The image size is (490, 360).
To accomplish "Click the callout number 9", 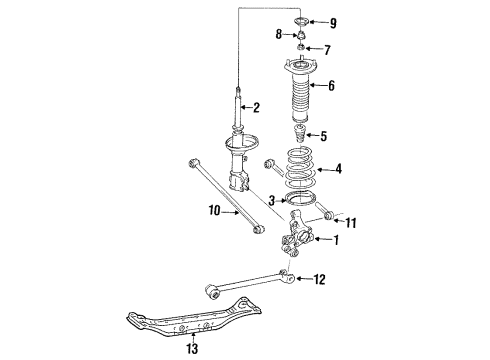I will pyautogui.click(x=334, y=22).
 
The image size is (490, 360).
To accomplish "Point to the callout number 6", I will pyautogui.click(x=331, y=86).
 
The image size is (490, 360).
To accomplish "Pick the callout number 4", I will pyautogui.click(x=338, y=169).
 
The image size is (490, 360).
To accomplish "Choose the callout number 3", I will pyautogui.click(x=272, y=202).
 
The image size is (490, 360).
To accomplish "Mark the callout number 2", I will pyautogui.click(x=256, y=108).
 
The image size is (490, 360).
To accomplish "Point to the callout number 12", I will pyautogui.click(x=319, y=280).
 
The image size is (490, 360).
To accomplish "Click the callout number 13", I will pyautogui.click(x=191, y=348).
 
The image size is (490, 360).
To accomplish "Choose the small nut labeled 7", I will pyautogui.click(x=301, y=50).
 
